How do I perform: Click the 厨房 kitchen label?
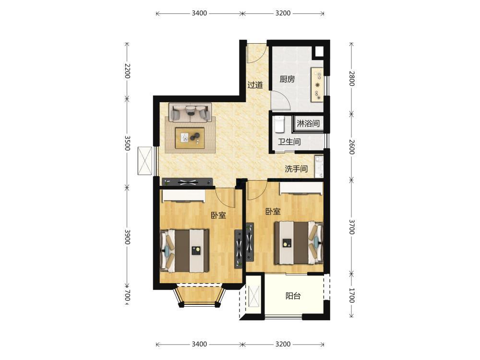tap(287, 79)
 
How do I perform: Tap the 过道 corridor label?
tap(255, 85)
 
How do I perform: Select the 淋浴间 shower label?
tap(308, 123)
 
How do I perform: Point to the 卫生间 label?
tap(289, 142)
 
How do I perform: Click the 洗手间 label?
tap(296, 168)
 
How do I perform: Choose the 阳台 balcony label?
tap(293, 296)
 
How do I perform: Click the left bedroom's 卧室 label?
tap(218, 215)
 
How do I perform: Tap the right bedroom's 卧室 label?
tap(273, 212)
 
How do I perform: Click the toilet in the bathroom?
tap(279, 124)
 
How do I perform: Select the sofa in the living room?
tap(190, 112)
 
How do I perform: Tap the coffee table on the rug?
tap(190, 138)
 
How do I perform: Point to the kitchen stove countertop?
tap(317, 85)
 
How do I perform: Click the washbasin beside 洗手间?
tap(319, 167)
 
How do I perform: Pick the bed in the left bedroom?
tap(185, 251)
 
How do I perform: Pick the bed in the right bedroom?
tap(299, 243)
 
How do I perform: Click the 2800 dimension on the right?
tap(351, 79)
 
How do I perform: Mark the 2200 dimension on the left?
tap(127, 71)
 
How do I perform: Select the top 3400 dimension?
tap(199, 13)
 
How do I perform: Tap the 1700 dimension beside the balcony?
tap(351, 295)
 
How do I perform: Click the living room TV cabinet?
tap(188, 182)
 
